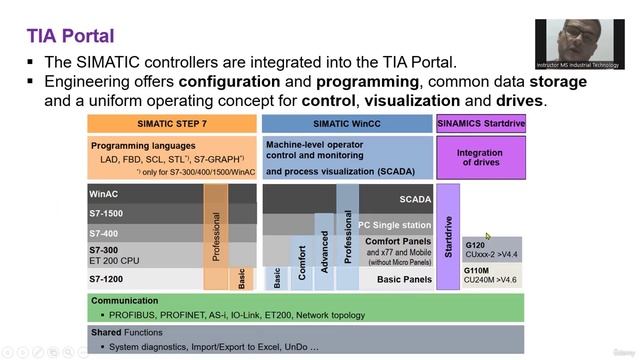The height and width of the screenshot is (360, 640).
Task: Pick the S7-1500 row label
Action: click(107, 213)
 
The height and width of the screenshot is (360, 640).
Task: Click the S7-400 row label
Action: click(104, 232)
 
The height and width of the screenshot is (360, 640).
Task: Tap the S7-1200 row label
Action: click(108, 278)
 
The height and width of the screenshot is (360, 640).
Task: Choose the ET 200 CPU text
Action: click(118, 259)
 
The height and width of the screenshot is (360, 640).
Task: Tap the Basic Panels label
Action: click(402, 279)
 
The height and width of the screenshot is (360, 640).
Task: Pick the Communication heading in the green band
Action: click(125, 300)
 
